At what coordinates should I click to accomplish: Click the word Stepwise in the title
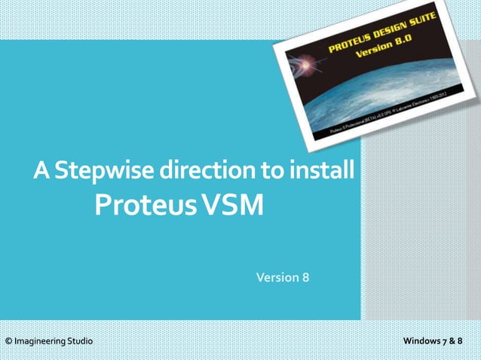pyautogui.click(x=104, y=172)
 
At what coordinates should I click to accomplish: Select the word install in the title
pyautogui.click(x=324, y=172)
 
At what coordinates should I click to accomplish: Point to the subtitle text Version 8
pyautogui.click(x=283, y=277)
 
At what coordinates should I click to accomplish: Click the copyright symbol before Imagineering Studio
pyautogui.click(x=8, y=342)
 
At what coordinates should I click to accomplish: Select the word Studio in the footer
pyautogui.click(x=81, y=342)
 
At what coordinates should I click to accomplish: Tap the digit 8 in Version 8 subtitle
pyautogui.click(x=305, y=277)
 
